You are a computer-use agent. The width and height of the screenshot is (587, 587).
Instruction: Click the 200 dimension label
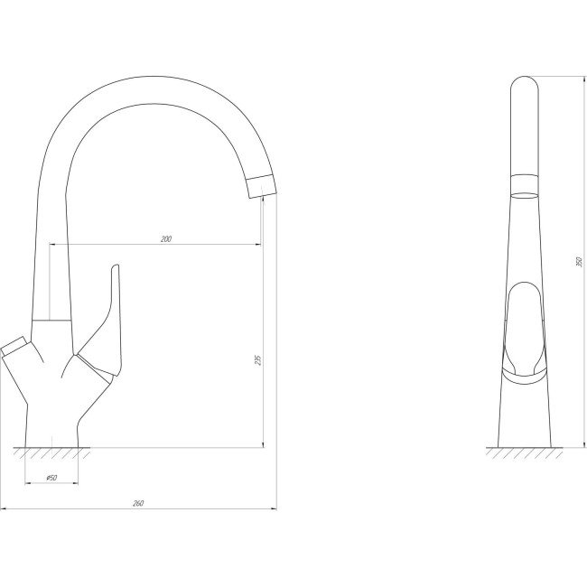coord(166,238)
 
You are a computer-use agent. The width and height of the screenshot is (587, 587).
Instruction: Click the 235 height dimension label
coord(257,360)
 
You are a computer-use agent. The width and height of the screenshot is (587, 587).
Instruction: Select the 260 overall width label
coord(138,504)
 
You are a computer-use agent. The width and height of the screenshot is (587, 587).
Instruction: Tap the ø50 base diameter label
coord(51,478)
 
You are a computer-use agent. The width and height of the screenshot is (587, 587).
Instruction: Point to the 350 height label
coord(579,262)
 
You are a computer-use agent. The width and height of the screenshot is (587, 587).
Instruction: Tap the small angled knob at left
coord(13,344)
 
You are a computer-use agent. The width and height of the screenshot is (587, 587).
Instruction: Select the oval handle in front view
coord(525,331)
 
